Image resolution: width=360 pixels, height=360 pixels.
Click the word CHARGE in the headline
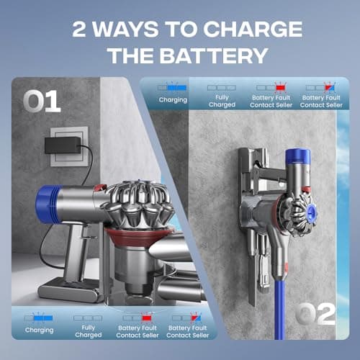[253, 30]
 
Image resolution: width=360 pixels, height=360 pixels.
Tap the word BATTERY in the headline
[214, 55]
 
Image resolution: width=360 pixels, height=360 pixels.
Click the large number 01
[42, 101]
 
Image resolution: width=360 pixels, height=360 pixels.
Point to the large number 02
[315, 313]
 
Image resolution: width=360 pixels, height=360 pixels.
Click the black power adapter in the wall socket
[63, 145]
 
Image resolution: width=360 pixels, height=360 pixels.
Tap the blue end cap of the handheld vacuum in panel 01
[48, 204]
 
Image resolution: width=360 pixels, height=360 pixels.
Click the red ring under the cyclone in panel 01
[140, 237]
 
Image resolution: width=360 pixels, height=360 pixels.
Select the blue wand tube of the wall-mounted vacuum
[280, 310]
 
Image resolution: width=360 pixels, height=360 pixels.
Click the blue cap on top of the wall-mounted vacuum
[297, 156]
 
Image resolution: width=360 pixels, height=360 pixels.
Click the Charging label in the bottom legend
[40, 330]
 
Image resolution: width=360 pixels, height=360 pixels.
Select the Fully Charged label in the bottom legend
[89, 331]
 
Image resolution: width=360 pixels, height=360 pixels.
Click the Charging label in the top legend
[173, 100]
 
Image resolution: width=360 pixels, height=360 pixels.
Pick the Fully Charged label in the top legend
[222, 101]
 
